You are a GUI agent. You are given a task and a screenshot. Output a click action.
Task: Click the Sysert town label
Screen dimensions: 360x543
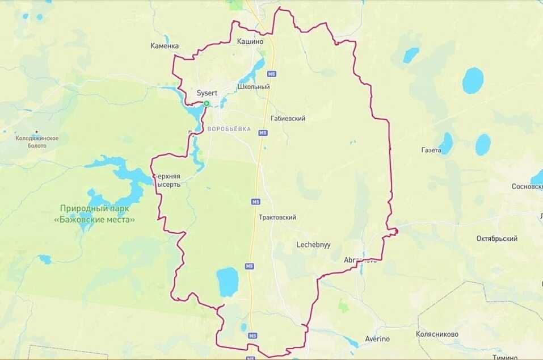[207, 93]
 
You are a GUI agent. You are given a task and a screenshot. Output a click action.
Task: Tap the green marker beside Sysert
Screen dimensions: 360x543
[207, 103]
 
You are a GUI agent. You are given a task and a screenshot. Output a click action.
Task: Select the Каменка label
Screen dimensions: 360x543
[165, 45]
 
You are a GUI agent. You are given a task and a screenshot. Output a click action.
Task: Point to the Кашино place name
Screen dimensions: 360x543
[250, 41]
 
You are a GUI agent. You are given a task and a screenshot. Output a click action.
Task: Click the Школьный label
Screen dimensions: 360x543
[254, 87]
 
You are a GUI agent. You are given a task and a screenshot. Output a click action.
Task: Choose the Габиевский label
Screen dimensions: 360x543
[288, 119]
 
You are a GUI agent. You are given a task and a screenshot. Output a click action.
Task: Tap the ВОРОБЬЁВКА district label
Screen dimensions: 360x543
[229, 129]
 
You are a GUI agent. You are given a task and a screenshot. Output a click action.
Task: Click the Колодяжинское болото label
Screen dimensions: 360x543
[37, 141]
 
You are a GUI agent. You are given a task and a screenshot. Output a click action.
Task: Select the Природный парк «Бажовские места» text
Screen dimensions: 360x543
[98, 214]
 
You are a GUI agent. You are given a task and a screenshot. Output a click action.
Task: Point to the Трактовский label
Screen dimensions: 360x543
[277, 217]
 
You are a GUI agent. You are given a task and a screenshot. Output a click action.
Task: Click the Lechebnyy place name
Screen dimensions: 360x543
[313, 245]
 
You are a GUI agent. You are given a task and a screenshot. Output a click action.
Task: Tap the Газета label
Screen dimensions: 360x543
[431, 150]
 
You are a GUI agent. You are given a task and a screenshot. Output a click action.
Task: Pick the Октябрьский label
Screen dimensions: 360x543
[496, 238]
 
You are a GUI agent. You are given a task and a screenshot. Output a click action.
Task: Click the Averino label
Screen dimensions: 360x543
[377, 339]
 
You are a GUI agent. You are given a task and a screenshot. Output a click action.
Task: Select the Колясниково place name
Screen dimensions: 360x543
[437, 334]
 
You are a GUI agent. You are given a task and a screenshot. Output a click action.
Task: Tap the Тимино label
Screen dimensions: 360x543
[505, 357]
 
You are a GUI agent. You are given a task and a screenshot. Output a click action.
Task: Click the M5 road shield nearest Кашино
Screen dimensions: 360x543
[272, 74]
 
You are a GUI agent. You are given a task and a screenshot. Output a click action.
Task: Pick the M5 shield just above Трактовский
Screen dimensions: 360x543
[256, 202]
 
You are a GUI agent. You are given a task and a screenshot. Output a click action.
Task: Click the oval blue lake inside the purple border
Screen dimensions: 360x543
[228, 282]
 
